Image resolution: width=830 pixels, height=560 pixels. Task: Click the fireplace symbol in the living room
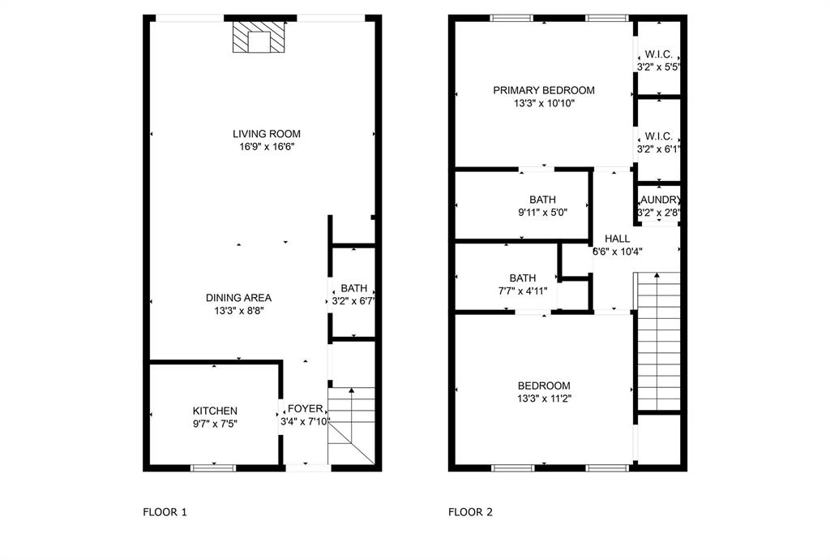click(259, 37)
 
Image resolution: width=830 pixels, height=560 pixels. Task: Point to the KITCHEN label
click(215, 411)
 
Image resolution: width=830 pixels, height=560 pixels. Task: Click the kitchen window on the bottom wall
click(213, 467)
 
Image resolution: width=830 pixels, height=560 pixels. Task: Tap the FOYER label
click(306, 408)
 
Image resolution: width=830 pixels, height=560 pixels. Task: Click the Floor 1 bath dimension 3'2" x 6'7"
click(353, 301)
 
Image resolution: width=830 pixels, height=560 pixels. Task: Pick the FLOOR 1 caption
click(165, 512)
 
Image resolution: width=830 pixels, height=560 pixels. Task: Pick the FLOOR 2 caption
click(470, 512)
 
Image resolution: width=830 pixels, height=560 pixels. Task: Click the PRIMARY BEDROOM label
click(544, 90)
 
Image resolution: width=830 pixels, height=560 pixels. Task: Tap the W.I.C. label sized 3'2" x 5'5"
click(658, 67)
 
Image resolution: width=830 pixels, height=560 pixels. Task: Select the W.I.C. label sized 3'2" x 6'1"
click(658, 149)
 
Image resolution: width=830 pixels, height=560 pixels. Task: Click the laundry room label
click(659, 200)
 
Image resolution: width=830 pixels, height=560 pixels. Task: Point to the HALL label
click(617, 239)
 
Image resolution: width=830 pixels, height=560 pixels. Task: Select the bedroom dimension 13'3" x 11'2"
click(544, 398)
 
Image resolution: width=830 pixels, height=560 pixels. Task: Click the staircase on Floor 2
click(657, 341)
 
